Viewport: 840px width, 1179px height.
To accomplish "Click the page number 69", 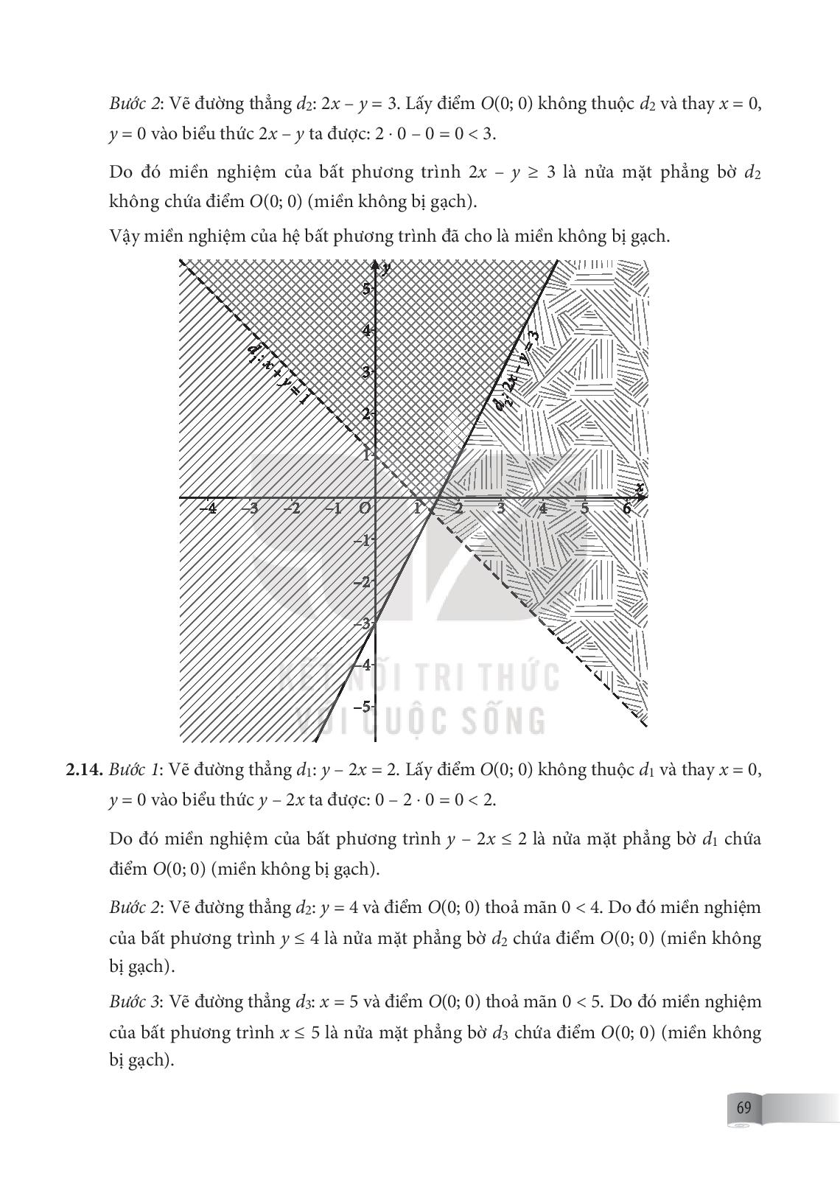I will [x=743, y=1108].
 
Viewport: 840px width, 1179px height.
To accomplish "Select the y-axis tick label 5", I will [x=366, y=289].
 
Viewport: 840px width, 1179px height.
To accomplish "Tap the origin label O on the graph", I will [x=364, y=508].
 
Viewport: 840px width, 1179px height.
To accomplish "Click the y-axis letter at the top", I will [x=387, y=267].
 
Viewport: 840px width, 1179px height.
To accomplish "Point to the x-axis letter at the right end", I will [x=640, y=488].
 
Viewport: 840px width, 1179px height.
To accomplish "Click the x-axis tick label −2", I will [x=293, y=508].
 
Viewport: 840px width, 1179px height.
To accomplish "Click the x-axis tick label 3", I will [x=501, y=508].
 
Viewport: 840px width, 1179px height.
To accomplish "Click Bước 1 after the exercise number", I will [x=136, y=770].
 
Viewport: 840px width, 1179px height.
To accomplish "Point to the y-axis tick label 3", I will [x=366, y=372].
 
